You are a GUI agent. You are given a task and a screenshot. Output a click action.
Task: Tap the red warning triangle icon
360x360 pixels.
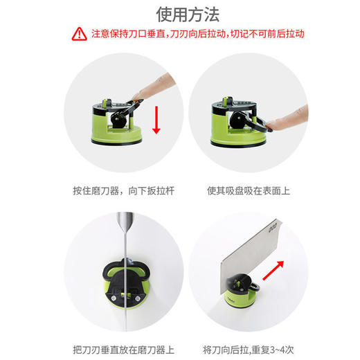(80, 33)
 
